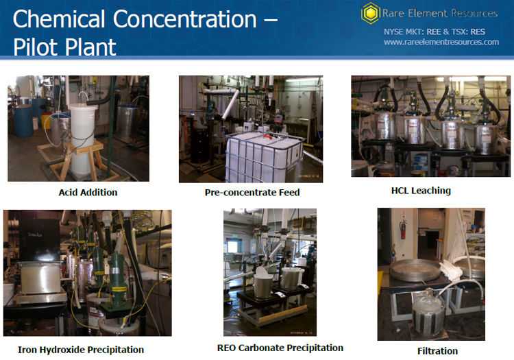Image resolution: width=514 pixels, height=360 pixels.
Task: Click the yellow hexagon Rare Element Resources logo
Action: click(x=371, y=13)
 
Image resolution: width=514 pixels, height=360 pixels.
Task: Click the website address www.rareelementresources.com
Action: click(x=441, y=42)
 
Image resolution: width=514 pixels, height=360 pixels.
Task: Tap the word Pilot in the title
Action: click(x=36, y=47)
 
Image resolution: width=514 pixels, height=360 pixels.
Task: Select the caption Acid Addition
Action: click(x=88, y=192)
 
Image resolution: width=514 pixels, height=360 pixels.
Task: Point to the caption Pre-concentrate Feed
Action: click(x=252, y=192)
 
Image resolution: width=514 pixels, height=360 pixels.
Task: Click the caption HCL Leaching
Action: click(x=421, y=191)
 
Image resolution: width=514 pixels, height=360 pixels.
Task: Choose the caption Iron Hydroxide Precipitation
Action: click(x=81, y=350)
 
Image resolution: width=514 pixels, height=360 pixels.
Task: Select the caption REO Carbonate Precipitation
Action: click(x=280, y=348)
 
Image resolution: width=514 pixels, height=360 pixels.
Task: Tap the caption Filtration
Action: click(x=437, y=351)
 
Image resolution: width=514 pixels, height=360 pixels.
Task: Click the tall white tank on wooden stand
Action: click(x=82, y=138)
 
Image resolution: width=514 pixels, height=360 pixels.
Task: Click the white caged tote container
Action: click(x=265, y=156)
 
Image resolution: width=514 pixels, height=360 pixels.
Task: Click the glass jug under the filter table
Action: click(x=428, y=312)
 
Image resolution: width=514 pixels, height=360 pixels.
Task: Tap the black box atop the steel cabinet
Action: click(x=39, y=240)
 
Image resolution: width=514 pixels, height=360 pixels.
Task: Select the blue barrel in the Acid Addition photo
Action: click(x=23, y=120)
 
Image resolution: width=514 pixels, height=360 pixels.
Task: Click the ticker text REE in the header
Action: click(x=434, y=32)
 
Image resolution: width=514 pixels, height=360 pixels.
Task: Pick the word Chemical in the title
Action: click(x=59, y=19)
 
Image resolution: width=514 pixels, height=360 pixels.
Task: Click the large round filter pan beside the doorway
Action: click(x=415, y=269)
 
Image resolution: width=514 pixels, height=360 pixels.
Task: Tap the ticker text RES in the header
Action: click(x=478, y=32)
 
